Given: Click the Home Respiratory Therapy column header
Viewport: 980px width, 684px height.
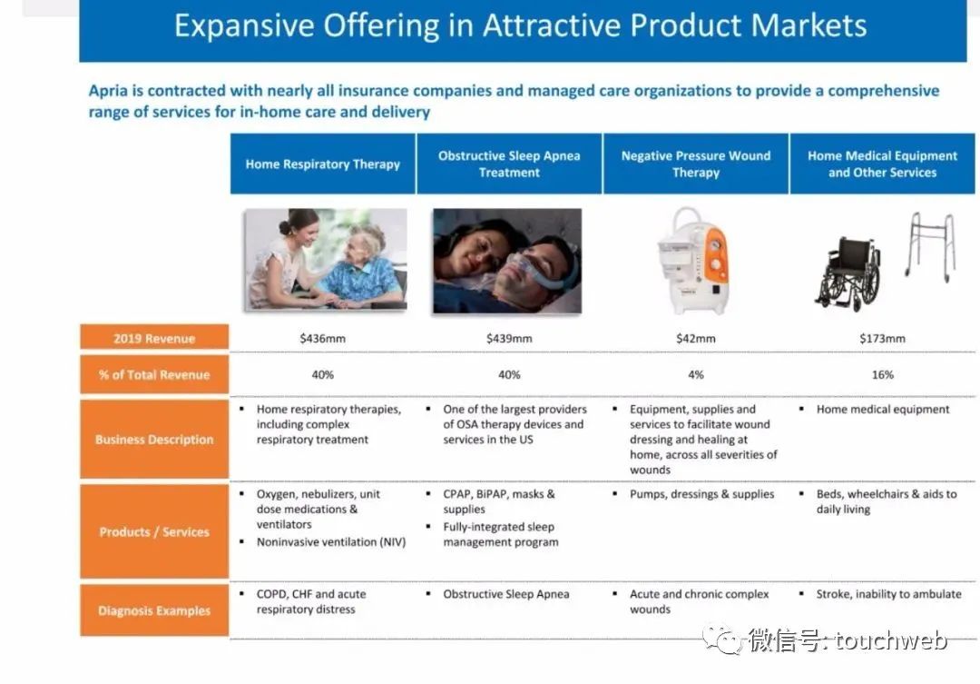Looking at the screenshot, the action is coord(322,164).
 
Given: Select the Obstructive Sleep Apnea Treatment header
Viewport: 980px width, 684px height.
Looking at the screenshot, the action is coord(509,164).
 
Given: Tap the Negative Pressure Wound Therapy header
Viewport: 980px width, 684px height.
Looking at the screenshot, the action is coord(696,164).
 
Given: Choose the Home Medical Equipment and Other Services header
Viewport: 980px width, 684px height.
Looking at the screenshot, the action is coord(883,164).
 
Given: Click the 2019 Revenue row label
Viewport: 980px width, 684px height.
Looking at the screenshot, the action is coord(154,338).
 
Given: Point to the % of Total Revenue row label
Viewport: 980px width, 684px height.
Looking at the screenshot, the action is coord(154,374).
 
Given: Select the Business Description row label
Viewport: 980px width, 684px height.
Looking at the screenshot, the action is coord(154,440).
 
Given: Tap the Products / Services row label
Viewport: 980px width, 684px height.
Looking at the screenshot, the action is coord(154,531).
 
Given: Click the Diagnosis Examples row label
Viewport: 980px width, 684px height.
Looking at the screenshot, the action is coord(154,610).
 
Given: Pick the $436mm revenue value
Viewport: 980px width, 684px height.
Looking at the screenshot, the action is coord(322,339).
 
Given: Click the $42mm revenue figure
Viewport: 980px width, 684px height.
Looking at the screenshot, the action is coord(696,339).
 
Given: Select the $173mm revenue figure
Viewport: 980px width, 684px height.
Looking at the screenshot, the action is coord(883,339).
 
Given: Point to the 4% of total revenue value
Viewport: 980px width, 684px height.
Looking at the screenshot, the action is coord(696,375).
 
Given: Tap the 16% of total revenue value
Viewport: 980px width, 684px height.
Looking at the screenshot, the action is coord(883,375).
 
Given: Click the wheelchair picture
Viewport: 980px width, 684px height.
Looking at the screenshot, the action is coord(848,273).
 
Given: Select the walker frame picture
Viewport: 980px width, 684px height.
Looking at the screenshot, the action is coord(931,246).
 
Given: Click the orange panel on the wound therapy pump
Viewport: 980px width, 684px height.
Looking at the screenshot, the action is coord(716,256).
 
